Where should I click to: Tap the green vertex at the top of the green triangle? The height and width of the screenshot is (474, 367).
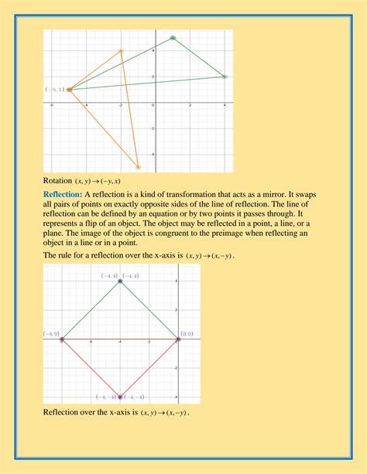pyautogui.click(x=173, y=37)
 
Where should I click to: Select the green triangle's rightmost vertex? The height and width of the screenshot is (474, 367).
pyautogui.click(x=225, y=77)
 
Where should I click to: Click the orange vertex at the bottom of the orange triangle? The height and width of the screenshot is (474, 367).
pyautogui.click(x=139, y=166)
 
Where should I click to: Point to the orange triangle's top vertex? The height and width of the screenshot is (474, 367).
pyautogui.click(x=121, y=51)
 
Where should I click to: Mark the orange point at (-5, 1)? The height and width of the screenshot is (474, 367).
pyautogui.click(x=69, y=90)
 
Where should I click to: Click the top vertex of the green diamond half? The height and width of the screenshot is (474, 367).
pyautogui.click(x=120, y=281)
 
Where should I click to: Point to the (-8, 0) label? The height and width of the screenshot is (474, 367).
pyautogui.click(x=52, y=333)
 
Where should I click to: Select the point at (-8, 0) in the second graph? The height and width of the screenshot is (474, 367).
pyautogui.click(x=62, y=339)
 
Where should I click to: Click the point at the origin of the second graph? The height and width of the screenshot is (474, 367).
pyautogui.click(x=178, y=339)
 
